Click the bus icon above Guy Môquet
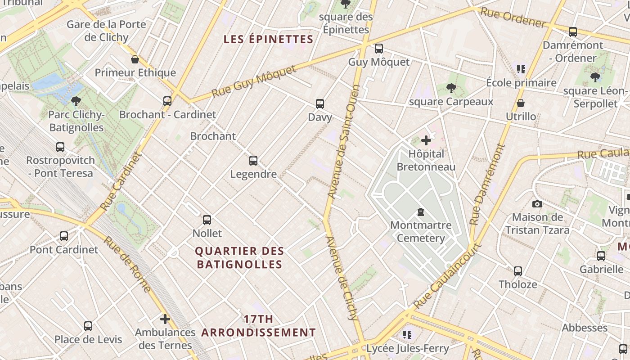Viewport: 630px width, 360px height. coord(379,48)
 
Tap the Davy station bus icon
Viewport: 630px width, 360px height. coord(320,104)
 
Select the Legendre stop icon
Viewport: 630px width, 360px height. coord(253,161)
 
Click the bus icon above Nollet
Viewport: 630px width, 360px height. coord(207,220)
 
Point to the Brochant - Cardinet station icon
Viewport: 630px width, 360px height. coord(167,101)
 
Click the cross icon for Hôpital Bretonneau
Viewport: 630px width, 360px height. coord(426,141)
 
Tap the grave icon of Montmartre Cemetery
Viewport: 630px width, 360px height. coord(421,211)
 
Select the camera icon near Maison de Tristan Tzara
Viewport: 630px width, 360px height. coord(537,204)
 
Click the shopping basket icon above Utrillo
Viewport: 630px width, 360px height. coord(521,103)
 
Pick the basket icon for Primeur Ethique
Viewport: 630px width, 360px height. coord(135,59)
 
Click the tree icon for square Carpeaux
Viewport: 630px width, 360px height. coord(451,88)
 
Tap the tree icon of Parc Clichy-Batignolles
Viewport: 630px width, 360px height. coord(76,101)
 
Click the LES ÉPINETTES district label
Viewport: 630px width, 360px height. coord(268,39)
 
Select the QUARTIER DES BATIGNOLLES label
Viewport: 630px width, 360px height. coord(240,257)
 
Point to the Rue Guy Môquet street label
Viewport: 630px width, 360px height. coord(254,81)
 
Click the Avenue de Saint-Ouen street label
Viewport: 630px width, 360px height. coord(344,142)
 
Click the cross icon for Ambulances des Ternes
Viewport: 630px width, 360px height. coord(165,319)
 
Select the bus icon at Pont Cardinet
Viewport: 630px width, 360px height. coord(64,236)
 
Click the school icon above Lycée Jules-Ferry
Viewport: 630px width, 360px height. coord(407,334)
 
